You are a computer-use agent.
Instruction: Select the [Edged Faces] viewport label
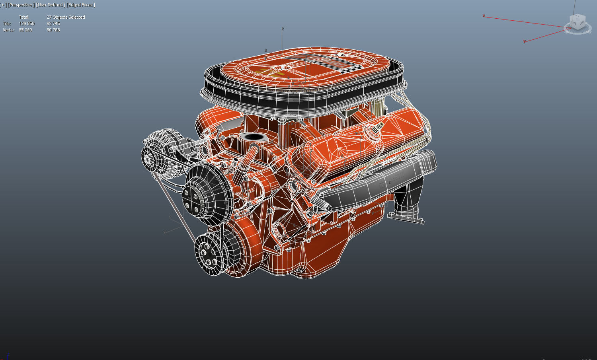[81, 5]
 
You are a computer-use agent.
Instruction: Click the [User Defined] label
[50, 5]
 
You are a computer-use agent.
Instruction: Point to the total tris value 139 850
[26, 23]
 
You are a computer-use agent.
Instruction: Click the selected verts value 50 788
[53, 30]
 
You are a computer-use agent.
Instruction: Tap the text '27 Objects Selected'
[66, 17]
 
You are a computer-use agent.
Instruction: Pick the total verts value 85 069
[25, 30]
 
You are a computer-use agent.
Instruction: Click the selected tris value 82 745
[53, 23]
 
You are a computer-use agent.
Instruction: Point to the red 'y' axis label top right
[525, 41]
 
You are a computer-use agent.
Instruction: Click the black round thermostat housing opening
[254, 137]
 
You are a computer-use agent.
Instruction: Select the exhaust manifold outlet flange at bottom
[406, 218]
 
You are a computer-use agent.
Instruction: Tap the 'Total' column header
[23, 17]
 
